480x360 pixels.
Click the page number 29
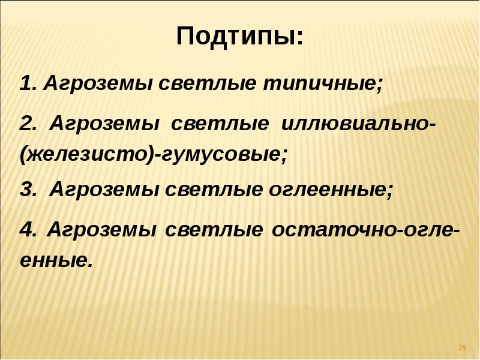coord(462,348)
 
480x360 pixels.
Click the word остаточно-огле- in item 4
coord(367,230)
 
